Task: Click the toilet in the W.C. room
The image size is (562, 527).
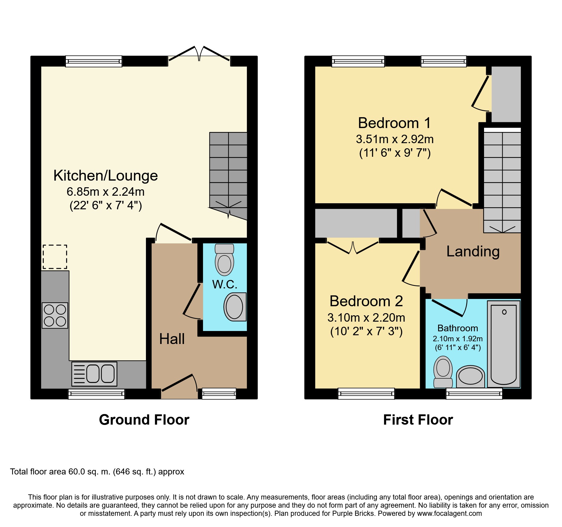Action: click(224, 259)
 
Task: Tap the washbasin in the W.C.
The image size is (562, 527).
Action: click(235, 307)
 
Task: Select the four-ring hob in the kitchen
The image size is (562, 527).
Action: click(55, 315)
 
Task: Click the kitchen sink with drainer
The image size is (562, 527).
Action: click(94, 374)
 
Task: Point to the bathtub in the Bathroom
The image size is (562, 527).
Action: click(504, 344)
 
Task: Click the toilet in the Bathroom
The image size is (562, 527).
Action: click(443, 372)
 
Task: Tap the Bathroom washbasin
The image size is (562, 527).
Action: click(470, 377)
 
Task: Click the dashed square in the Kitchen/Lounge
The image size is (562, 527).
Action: click(55, 257)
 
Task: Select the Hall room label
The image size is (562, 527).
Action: click(172, 339)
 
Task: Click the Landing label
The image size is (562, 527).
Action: click(473, 252)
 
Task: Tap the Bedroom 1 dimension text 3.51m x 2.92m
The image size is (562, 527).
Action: click(395, 139)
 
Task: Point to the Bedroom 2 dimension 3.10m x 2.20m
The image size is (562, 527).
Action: click(366, 318)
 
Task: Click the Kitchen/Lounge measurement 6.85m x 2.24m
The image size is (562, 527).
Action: click(105, 192)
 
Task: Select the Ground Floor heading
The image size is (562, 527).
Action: click(144, 420)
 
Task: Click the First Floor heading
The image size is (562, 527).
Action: click(418, 420)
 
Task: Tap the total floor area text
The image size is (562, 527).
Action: click(97, 472)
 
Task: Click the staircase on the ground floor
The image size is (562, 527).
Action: click(228, 176)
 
